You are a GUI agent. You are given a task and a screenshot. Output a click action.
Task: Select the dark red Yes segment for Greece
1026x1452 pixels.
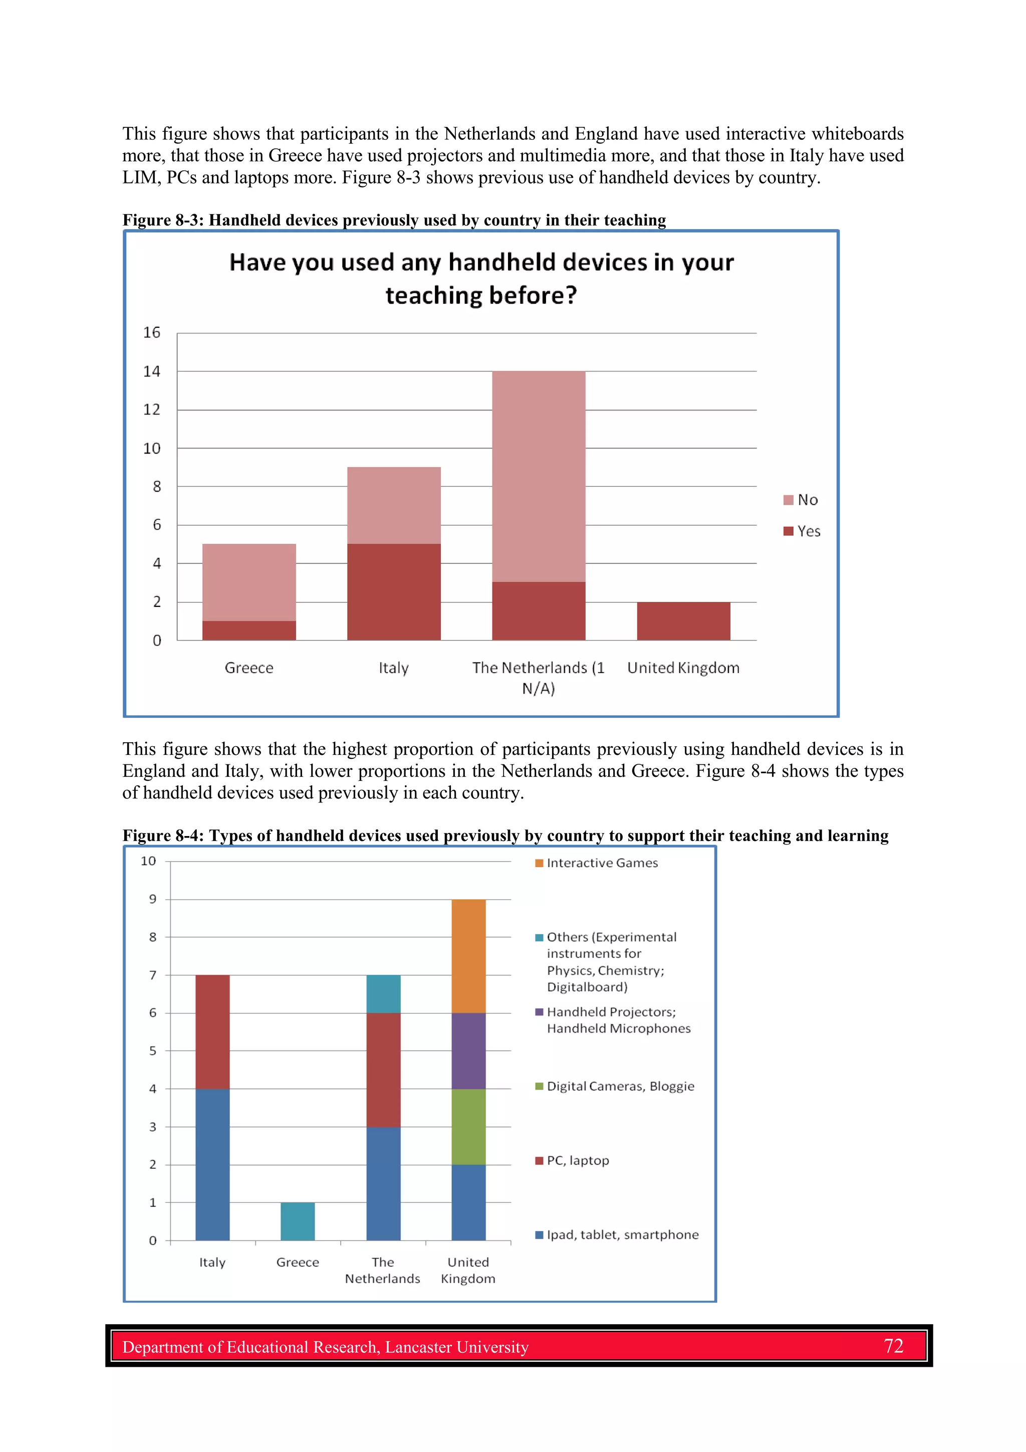coord(249,630)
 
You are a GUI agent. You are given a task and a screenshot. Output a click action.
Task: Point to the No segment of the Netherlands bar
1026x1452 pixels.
coord(539,476)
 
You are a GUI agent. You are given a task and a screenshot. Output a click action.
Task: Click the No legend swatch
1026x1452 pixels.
coord(789,500)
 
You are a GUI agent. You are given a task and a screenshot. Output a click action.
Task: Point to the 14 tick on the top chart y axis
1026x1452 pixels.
coord(152,371)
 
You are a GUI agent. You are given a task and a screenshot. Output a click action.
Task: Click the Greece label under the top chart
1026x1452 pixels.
coord(249,668)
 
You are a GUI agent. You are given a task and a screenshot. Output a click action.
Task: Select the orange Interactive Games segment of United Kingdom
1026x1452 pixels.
coord(468,956)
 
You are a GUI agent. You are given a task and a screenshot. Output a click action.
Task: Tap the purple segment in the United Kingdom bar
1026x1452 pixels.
coord(468,1051)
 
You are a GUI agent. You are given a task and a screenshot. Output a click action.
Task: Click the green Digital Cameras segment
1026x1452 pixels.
coord(468,1126)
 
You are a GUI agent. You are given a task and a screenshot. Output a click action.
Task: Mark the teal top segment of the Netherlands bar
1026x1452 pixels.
coord(383,993)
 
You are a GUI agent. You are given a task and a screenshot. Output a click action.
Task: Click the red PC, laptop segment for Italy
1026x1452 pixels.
coord(212,1031)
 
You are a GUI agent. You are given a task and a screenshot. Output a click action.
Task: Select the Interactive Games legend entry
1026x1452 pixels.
coord(602,863)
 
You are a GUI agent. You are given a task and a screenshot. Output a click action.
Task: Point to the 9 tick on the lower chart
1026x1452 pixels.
coord(152,899)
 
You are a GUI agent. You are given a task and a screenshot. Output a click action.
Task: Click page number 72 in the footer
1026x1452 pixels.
coord(893,1346)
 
